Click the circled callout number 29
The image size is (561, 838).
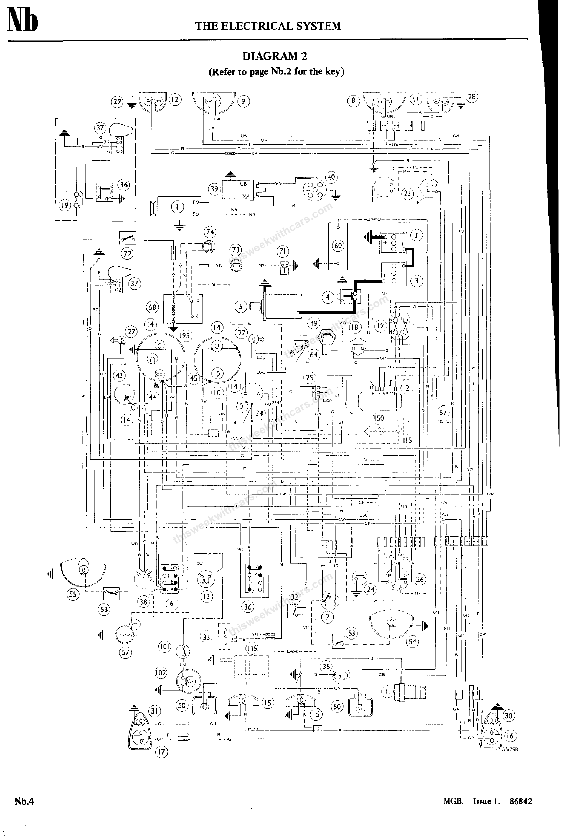pos(117,101)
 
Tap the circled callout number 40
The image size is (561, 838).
pos(331,177)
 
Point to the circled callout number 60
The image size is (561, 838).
pos(339,246)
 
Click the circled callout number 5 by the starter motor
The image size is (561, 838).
pos(241,307)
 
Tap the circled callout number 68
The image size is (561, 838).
pos(152,307)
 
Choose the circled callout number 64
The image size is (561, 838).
pos(314,355)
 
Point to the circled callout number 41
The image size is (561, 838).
pos(387,691)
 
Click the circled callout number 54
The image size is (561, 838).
pos(412,641)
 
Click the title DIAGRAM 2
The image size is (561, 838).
pos(275,56)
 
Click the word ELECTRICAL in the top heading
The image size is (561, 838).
pos(261,26)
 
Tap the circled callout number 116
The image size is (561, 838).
pos(252,648)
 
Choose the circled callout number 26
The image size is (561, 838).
pos(420,580)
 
